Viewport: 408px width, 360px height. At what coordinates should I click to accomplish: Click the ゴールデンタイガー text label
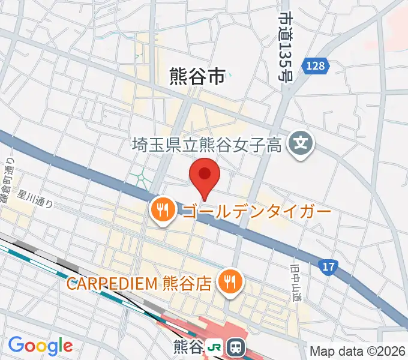256,212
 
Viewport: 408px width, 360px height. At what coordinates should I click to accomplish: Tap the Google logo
40,346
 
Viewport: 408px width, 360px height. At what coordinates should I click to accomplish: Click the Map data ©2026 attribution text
357,351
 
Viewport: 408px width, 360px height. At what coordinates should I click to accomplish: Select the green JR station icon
214,347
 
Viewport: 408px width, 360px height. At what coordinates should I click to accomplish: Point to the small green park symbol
140,178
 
